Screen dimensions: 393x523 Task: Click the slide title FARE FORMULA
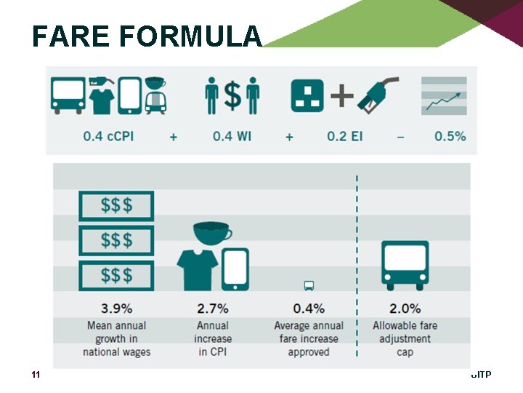pyautogui.click(x=146, y=36)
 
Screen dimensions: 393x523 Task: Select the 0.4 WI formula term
pyautogui.click(x=232, y=136)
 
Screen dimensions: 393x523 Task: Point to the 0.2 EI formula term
pyautogui.click(x=345, y=136)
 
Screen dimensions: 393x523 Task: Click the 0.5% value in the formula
pyautogui.click(x=450, y=136)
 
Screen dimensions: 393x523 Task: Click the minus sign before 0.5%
pyautogui.click(x=401, y=136)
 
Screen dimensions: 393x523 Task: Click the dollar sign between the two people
pyautogui.click(x=232, y=95)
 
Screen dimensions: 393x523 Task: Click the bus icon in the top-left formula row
pyautogui.click(x=68, y=95)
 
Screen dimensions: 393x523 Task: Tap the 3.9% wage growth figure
pyautogui.click(x=116, y=309)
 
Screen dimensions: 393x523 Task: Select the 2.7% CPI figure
pyautogui.click(x=212, y=309)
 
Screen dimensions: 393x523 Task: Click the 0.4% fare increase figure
pyautogui.click(x=309, y=309)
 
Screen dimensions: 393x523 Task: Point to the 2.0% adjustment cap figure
pyautogui.click(x=405, y=309)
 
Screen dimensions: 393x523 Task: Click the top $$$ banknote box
pyautogui.click(x=116, y=206)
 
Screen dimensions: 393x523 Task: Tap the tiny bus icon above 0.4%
pyautogui.click(x=309, y=286)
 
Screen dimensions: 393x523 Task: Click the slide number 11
pyautogui.click(x=35, y=375)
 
